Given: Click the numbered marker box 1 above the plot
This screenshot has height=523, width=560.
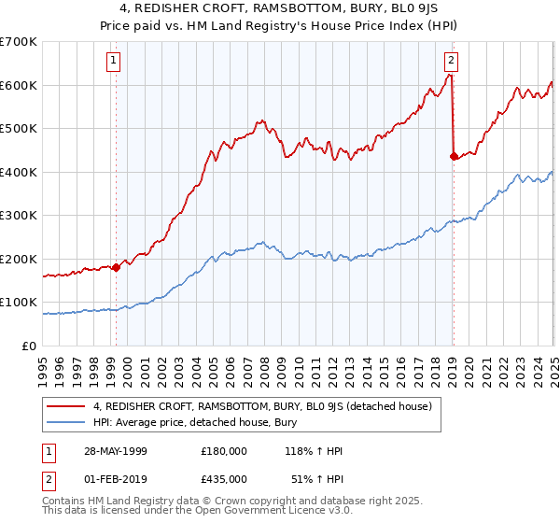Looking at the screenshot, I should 113,61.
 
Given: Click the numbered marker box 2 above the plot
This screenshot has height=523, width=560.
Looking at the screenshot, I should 451,61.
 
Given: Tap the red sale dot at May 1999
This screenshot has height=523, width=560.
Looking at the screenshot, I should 117,268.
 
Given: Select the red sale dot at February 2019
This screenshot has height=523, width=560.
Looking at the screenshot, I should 454,157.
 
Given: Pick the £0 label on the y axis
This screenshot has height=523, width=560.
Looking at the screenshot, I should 31,346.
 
